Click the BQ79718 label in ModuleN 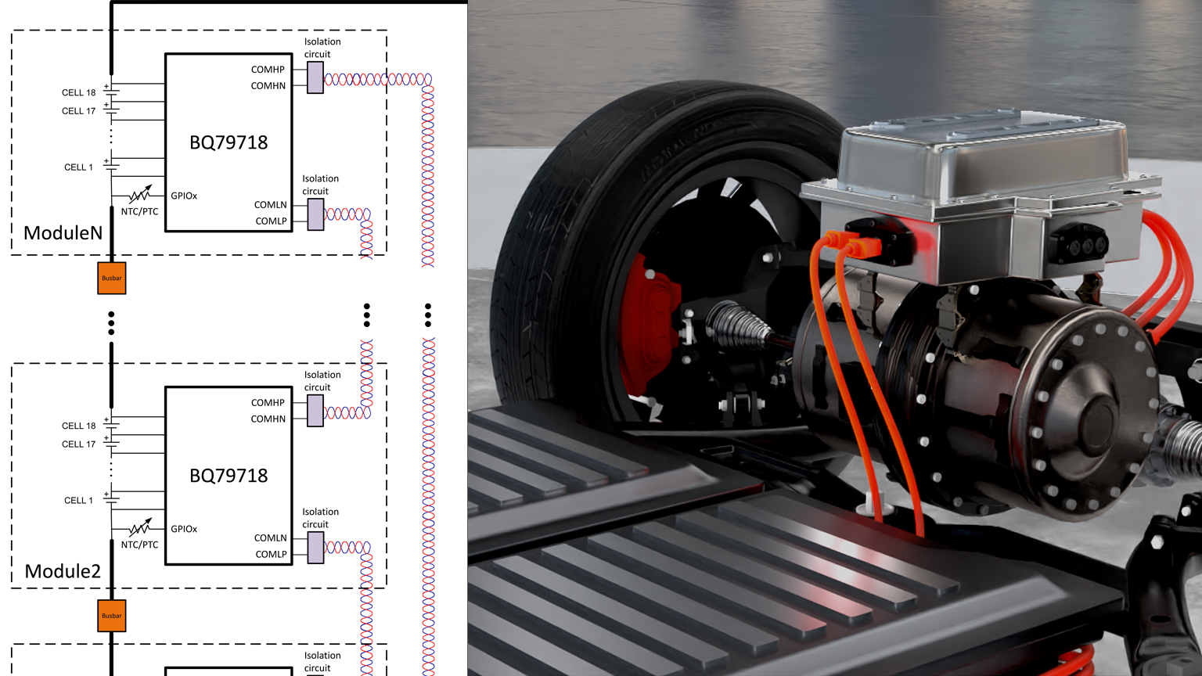229,142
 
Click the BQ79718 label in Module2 229,476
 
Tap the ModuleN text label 63,233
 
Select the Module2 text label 63,571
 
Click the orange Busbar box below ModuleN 112,278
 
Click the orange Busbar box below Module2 112,616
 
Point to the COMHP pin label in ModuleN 268,70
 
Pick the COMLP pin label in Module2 271,554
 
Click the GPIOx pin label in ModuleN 184,196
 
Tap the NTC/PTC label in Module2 139,545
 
